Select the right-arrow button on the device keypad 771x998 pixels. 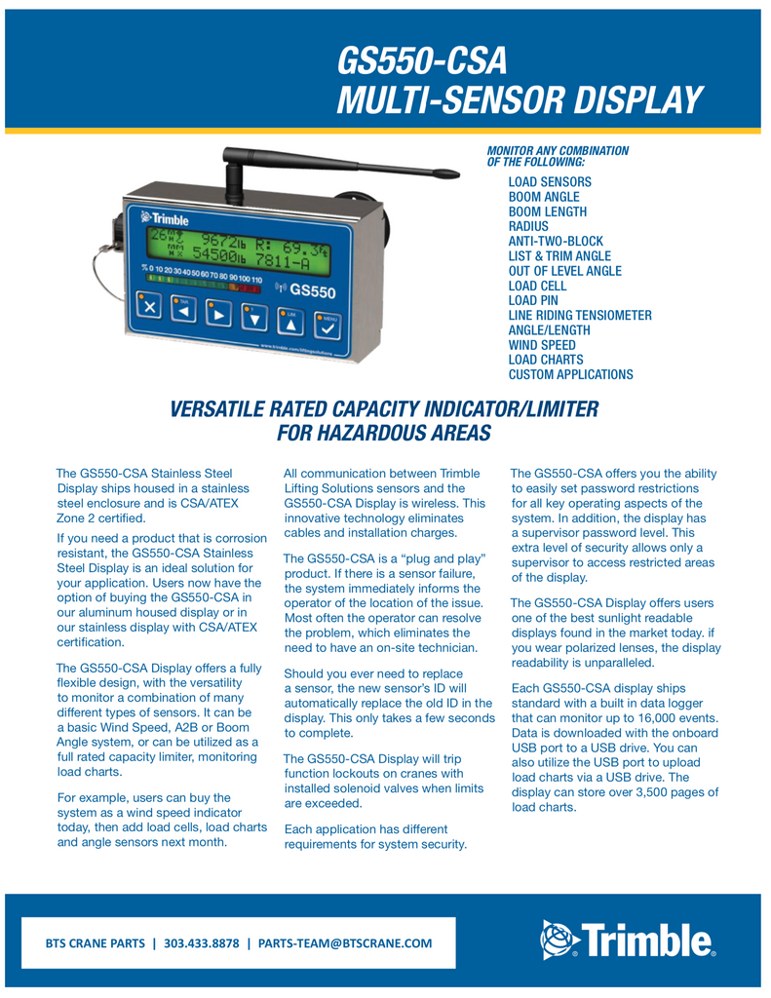coord(222,315)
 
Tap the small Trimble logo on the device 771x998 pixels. coord(166,218)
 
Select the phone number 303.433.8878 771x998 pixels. coord(202,943)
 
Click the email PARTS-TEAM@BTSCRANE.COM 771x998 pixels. coord(345,943)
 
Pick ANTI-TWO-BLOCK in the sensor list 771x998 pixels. coord(556,241)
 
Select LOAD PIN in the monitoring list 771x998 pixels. coord(533,300)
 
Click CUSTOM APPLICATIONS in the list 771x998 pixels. coord(570,374)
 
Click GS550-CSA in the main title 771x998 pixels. coord(422,61)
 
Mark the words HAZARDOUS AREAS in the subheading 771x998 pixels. coord(384,432)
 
